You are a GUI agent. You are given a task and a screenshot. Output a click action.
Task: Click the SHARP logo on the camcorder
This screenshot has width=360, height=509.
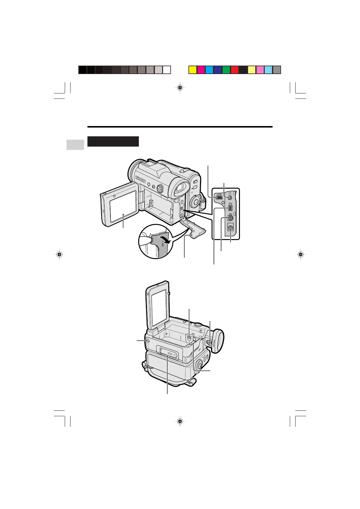point(140,179)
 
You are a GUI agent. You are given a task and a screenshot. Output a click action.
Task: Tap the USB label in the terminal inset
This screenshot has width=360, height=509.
point(219,195)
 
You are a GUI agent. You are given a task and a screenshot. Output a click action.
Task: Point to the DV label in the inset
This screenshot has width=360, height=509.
point(231,204)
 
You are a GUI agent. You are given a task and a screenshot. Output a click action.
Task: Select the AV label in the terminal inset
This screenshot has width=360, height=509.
point(231,214)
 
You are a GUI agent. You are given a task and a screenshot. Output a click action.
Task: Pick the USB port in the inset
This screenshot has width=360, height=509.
point(219,198)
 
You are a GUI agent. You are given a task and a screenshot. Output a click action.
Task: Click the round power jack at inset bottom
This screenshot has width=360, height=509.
point(231,228)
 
